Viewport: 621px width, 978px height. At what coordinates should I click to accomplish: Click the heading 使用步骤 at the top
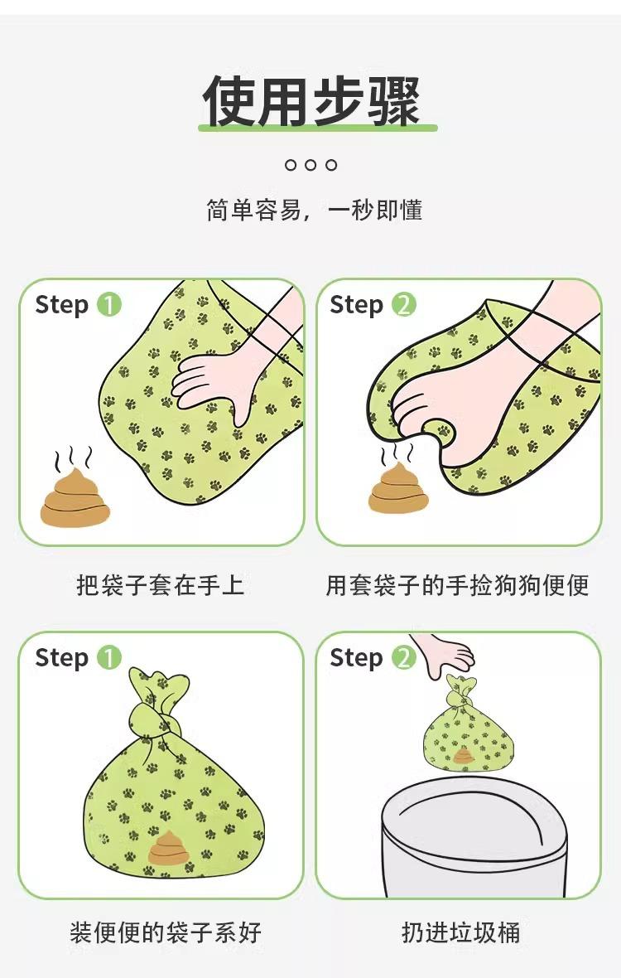pyautogui.click(x=310, y=100)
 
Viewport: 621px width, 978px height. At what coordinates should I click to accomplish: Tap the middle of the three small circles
pyautogui.click(x=310, y=165)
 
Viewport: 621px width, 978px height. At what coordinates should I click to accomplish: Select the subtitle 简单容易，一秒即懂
pyautogui.click(x=314, y=211)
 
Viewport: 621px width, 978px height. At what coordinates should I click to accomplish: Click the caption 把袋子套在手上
pyautogui.click(x=160, y=585)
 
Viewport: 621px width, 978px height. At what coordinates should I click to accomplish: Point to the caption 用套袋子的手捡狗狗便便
pyautogui.click(x=457, y=585)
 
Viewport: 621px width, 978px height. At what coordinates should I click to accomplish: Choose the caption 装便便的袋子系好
pyautogui.click(x=165, y=932)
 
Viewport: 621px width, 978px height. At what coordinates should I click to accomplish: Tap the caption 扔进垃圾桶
pyautogui.click(x=461, y=932)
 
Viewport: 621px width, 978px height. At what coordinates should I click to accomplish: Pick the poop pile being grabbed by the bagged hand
pyautogui.click(x=397, y=487)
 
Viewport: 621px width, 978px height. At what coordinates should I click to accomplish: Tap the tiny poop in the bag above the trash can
pyautogui.click(x=464, y=757)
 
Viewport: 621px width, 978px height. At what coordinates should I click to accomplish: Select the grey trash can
pyautogui.click(x=474, y=835)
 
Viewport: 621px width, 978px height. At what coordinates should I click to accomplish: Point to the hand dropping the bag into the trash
pyautogui.click(x=444, y=655)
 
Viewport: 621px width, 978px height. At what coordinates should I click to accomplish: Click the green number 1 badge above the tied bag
pyautogui.click(x=109, y=657)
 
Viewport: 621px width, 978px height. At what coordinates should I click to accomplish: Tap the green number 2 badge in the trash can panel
pyautogui.click(x=403, y=657)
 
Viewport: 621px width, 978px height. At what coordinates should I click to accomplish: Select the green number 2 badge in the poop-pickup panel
pyautogui.click(x=403, y=304)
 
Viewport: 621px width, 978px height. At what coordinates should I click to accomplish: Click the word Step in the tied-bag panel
pyautogui.click(x=61, y=659)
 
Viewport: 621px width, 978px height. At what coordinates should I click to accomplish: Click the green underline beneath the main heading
pyautogui.click(x=318, y=128)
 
